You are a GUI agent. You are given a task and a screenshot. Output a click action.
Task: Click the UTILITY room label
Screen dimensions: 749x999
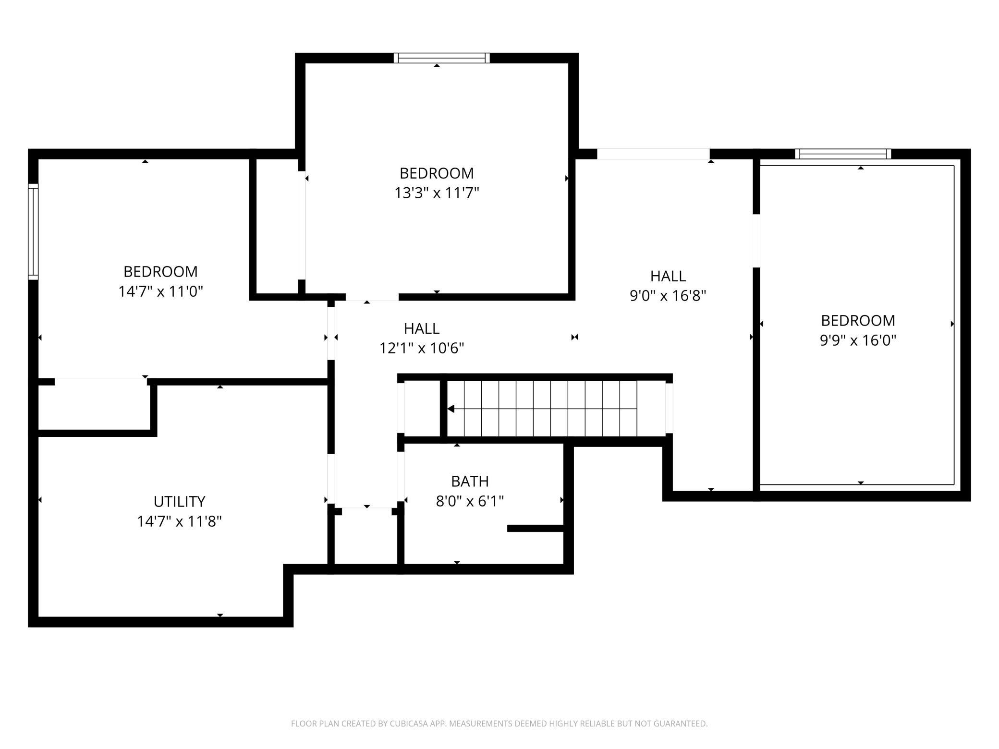[x=179, y=501]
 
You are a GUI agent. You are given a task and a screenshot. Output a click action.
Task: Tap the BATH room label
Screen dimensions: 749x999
[x=469, y=481]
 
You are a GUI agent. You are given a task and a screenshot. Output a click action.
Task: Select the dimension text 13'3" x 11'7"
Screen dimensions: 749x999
[x=437, y=193]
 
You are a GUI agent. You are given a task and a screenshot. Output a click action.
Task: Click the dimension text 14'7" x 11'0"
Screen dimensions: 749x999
[x=161, y=291]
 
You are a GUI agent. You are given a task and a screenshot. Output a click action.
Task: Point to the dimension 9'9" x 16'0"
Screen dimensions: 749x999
[x=858, y=340]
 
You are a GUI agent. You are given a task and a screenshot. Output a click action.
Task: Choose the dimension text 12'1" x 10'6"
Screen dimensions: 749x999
[x=422, y=348]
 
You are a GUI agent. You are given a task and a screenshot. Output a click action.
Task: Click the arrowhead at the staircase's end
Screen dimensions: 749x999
[x=451, y=409]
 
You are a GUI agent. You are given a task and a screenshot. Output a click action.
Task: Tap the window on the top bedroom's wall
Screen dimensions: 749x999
[x=441, y=58]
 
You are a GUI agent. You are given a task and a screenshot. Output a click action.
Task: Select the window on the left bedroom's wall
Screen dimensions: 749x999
[x=33, y=231]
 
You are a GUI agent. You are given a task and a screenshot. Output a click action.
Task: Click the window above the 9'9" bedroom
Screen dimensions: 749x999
[x=843, y=154]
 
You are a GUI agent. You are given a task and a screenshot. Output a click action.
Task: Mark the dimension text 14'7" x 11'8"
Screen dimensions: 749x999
[x=179, y=521]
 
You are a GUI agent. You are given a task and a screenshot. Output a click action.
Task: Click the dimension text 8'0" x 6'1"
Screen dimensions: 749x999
[x=469, y=501]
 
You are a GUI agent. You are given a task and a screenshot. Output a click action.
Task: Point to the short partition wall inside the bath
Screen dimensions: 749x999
[x=535, y=528]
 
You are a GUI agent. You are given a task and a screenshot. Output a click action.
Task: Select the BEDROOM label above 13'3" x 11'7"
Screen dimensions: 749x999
[x=437, y=173]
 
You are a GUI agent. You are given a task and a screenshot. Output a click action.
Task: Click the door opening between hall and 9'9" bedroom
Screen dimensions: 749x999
[x=756, y=241]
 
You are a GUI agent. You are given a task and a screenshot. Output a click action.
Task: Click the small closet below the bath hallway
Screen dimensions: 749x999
[x=366, y=538]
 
